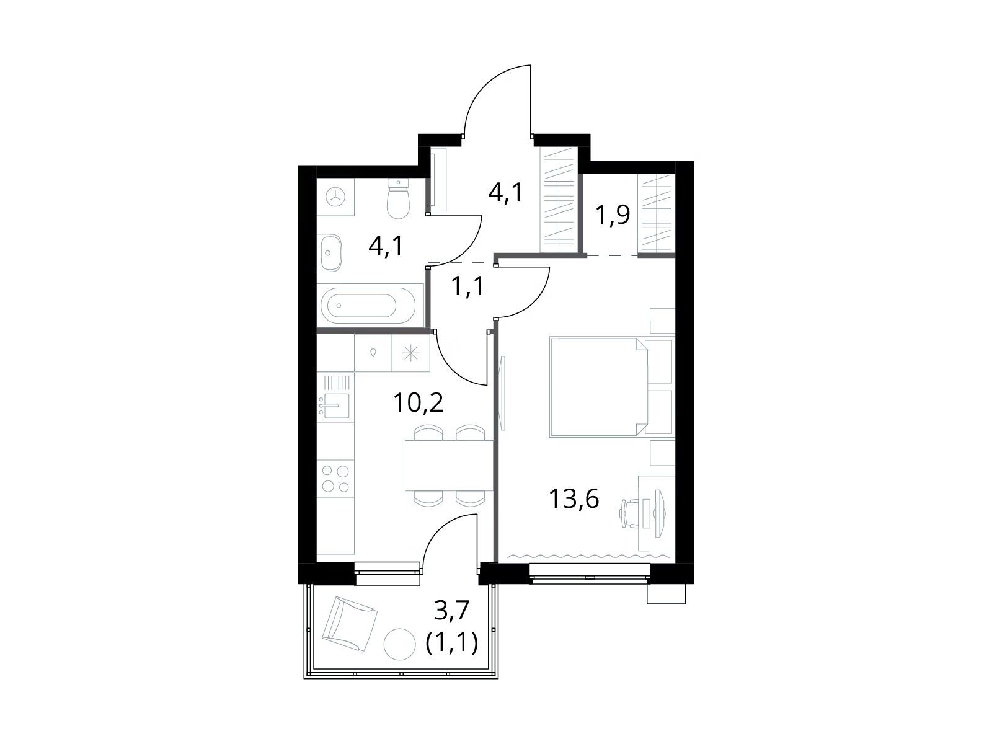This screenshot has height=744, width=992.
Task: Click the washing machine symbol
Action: click(335, 197)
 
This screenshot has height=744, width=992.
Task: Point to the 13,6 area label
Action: click(574, 499)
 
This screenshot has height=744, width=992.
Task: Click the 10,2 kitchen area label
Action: click(418, 403)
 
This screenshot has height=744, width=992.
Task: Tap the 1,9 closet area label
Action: click(613, 215)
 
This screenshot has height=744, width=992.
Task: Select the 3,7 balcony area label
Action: click(452, 611)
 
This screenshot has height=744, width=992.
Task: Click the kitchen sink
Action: click(334, 405)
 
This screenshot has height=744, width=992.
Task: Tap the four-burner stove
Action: click(335, 479)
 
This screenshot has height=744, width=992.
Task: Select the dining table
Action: click(449, 465)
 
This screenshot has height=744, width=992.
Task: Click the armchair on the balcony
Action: click(349, 623)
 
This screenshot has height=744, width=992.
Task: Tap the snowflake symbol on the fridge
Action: click(411, 353)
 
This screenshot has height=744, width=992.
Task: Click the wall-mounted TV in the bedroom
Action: click(503, 393)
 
